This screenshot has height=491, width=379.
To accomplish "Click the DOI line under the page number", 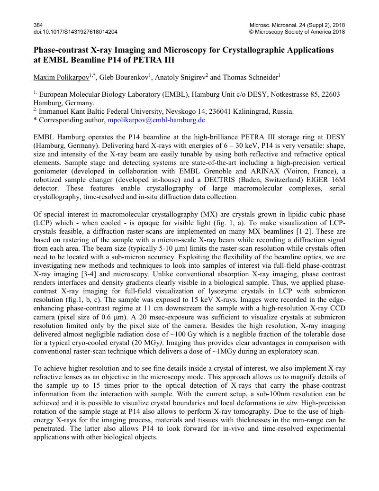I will [x=76, y=32].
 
